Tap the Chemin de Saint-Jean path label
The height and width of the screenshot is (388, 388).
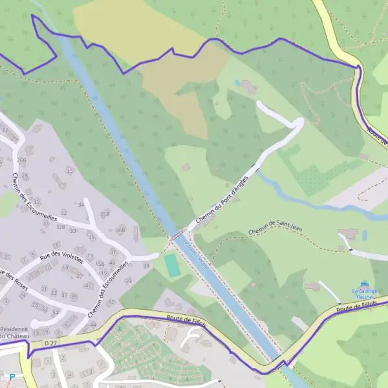pos(275,228)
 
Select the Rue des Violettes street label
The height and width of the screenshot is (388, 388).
pos(62,257)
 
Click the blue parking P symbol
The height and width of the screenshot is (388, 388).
pos(12,377)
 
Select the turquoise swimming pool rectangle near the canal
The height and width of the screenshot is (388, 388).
pos(171,264)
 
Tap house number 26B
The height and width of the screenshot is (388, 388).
pos(21,161)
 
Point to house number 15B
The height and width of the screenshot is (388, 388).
pos(100,264)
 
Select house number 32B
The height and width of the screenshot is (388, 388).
pos(60,227)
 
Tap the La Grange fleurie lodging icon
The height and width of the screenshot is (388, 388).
pos(365,283)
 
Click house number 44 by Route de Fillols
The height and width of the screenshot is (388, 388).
pos(92,324)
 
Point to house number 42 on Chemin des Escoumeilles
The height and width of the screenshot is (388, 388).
pos(111,301)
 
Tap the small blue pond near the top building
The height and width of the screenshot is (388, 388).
pos(237,83)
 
